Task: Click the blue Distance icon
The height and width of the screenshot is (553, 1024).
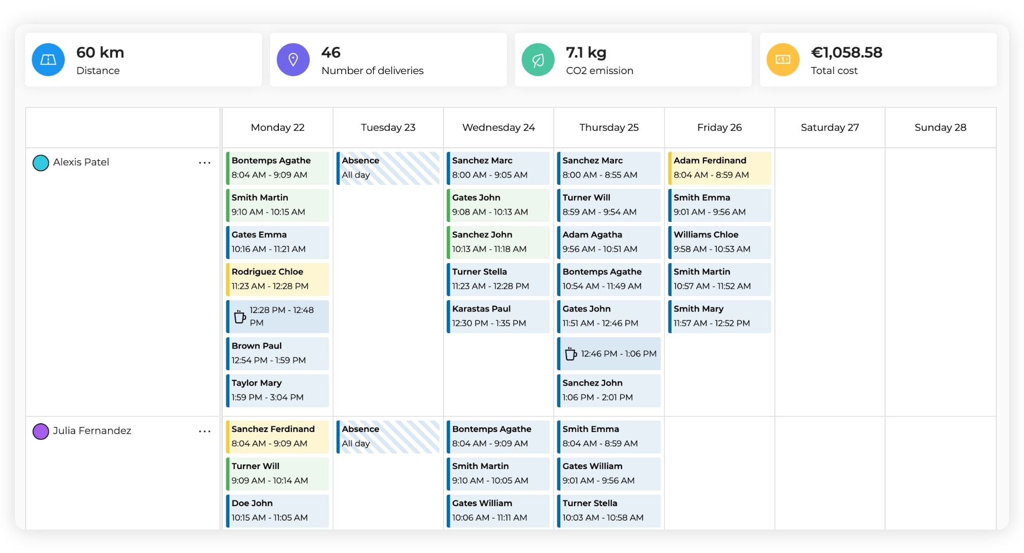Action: (x=48, y=60)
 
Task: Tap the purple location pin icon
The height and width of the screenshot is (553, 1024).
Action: (x=293, y=60)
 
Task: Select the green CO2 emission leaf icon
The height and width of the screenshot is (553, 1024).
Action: (x=538, y=60)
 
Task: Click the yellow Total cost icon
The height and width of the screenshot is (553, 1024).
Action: (x=783, y=60)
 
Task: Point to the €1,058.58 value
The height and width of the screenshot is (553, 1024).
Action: (x=846, y=53)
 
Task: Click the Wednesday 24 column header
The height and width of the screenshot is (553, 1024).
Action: (x=498, y=127)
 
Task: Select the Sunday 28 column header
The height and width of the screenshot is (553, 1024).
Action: (x=940, y=127)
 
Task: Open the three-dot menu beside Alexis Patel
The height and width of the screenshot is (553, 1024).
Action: (x=204, y=163)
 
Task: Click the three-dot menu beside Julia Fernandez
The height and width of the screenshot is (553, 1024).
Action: (x=204, y=431)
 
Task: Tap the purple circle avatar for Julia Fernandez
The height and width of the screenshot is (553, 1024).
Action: (x=41, y=431)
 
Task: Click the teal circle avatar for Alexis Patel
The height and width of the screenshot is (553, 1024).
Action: (x=41, y=163)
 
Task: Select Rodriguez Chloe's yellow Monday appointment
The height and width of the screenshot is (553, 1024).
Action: (x=277, y=279)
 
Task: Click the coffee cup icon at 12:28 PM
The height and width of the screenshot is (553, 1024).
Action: (x=239, y=316)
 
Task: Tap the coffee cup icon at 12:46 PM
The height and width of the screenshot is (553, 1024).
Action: (x=570, y=354)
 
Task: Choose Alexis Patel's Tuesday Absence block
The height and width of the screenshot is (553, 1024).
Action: (x=388, y=168)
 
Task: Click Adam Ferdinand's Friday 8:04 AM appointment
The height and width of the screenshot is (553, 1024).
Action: (x=719, y=168)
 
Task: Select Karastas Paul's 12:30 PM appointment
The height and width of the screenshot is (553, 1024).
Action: (x=498, y=316)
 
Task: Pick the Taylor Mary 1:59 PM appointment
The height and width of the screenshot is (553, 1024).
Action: (x=277, y=390)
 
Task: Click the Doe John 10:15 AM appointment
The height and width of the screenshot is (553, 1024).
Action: (x=277, y=510)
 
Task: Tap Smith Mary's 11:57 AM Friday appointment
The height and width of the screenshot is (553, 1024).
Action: (x=719, y=316)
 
